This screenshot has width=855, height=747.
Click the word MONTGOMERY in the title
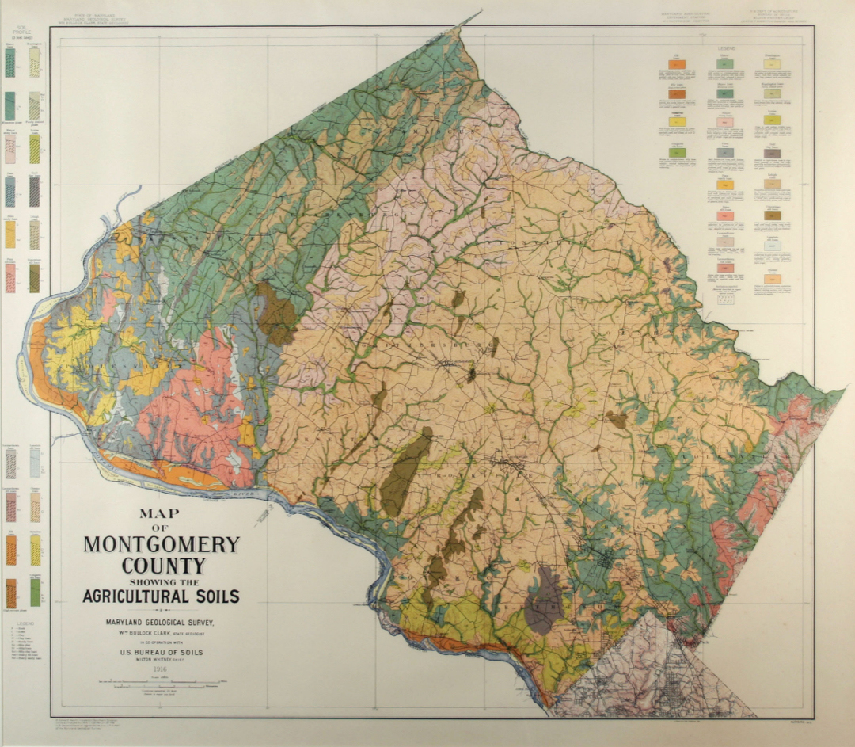(x=161, y=545)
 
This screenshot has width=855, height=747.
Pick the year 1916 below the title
(x=161, y=669)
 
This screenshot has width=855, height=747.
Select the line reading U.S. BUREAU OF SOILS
(x=161, y=652)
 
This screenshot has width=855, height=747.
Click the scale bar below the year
(x=161, y=681)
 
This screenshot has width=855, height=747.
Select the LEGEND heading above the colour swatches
(x=726, y=49)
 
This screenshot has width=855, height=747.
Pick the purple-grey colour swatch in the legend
(x=772, y=153)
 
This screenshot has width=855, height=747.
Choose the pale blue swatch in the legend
(x=772, y=246)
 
